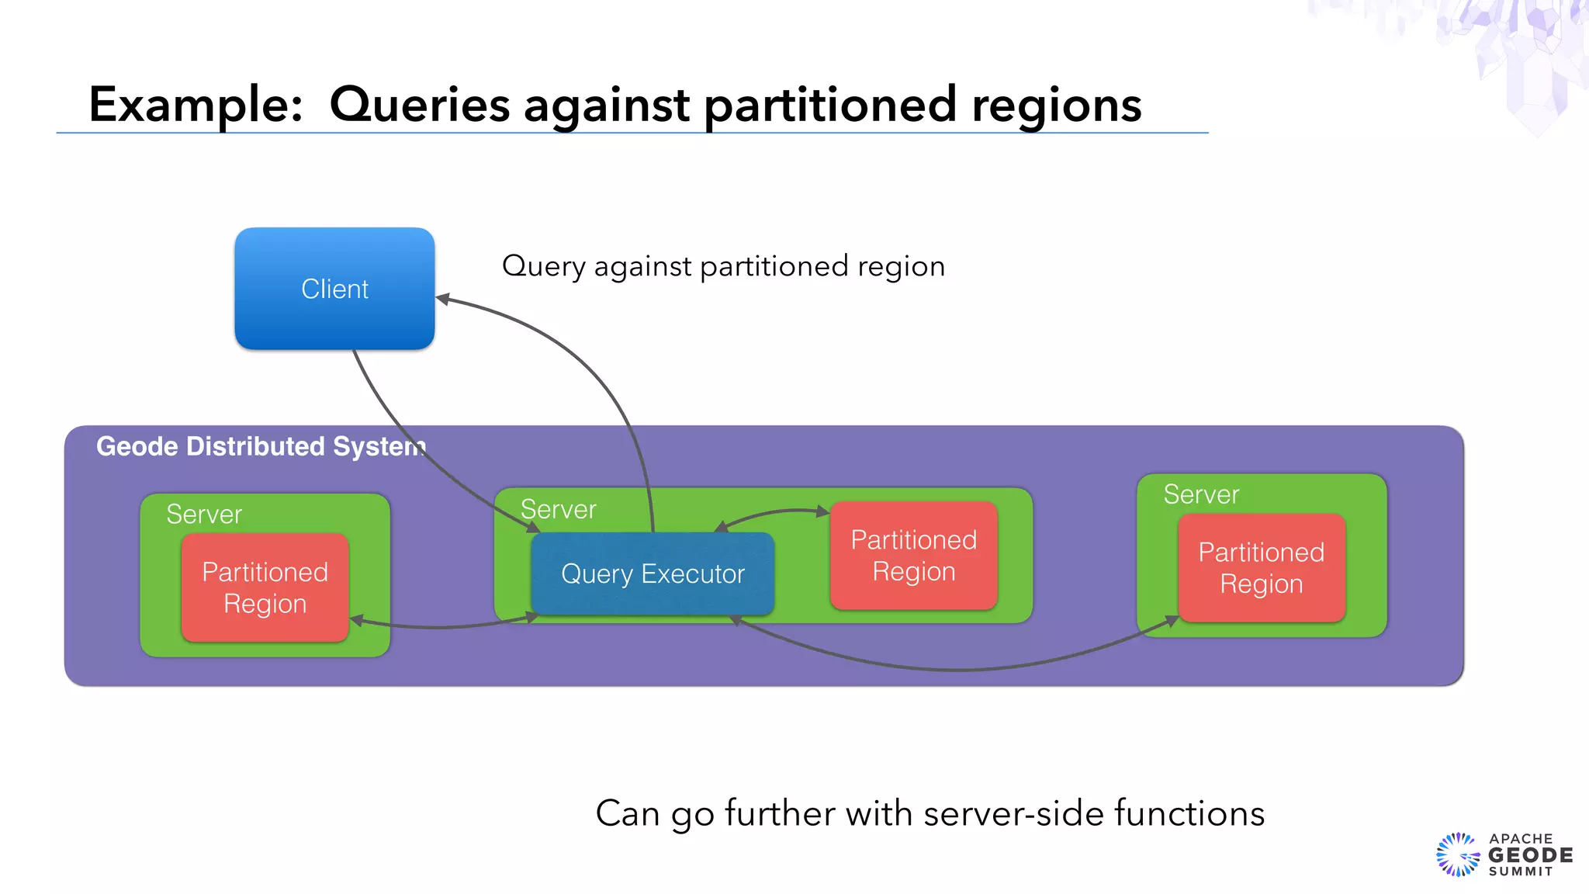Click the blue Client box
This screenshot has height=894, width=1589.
coord(334,289)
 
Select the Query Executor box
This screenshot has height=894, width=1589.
coord(653,574)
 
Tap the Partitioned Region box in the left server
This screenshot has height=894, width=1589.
coord(265,587)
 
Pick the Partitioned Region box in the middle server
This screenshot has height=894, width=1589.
coord(913,556)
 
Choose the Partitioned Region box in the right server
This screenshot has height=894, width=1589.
coord(1261,568)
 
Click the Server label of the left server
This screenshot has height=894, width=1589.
coord(204,515)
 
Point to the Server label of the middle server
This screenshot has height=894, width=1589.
coord(558,510)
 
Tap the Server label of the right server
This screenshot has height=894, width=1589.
coord(1201,494)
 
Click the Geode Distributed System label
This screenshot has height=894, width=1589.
coord(261,447)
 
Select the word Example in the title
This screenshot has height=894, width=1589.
coord(195,105)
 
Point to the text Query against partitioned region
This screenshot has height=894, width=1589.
coord(723,266)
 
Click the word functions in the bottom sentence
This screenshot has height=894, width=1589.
coord(1189,814)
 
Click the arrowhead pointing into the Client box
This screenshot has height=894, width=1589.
coord(442,299)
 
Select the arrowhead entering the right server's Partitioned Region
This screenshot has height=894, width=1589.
coord(1172,621)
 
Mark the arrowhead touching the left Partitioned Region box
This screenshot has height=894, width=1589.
coord(357,620)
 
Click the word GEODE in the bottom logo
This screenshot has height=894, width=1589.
coord(1530,855)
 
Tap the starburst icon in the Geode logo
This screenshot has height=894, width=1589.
coord(1458,855)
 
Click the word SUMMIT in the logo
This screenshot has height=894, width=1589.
coord(1521,871)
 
